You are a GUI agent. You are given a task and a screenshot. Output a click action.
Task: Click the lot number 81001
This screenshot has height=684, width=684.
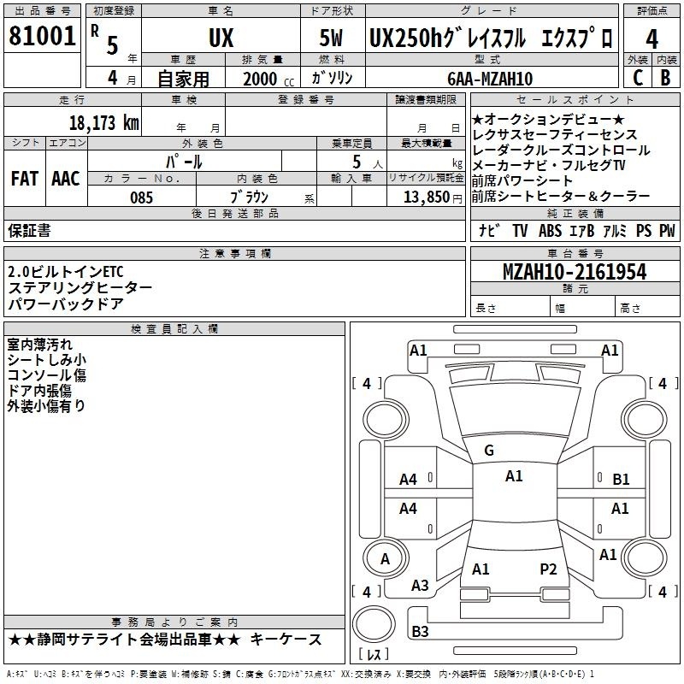click(42, 36)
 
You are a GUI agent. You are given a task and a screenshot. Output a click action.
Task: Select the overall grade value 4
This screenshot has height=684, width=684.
click(652, 39)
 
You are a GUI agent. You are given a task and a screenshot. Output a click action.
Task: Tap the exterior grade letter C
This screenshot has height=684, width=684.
click(638, 78)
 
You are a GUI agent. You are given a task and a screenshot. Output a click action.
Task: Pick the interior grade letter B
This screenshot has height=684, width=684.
click(665, 78)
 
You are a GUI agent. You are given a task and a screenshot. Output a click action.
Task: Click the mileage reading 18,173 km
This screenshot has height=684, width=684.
click(103, 123)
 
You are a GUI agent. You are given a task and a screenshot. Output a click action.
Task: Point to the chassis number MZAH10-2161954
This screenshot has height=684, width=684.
click(575, 272)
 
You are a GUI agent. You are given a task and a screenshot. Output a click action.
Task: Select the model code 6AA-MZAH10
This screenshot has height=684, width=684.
click(490, 79)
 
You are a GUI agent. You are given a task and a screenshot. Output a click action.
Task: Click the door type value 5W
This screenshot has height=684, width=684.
click(331, 38)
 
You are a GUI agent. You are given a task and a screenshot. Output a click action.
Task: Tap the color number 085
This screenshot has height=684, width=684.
click(141, 198)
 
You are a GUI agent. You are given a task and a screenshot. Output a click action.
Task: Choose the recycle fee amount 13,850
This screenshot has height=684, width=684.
click(427, 198)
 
